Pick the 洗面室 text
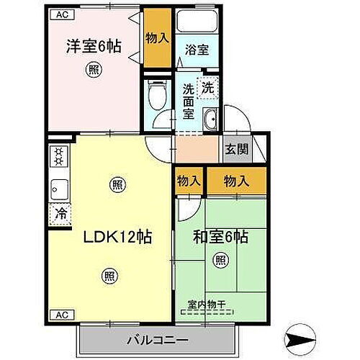(188, 101)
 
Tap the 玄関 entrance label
(236, 149)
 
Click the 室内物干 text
(207, 305)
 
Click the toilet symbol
(154, 94)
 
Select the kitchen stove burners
(58, 157)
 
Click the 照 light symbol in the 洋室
(94, 70)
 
